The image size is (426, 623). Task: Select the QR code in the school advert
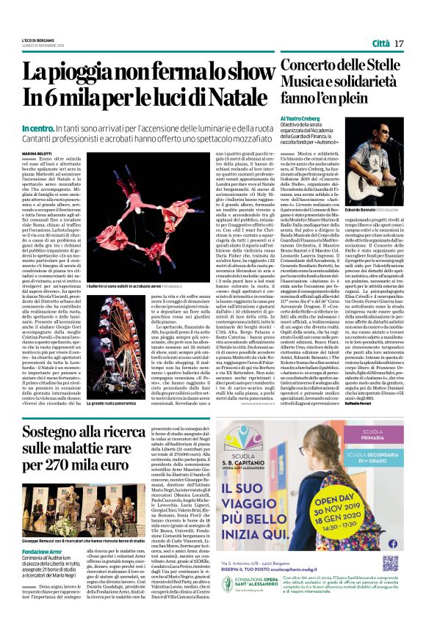[x=390, y=564]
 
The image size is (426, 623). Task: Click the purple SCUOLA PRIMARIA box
[x=373, y=436]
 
